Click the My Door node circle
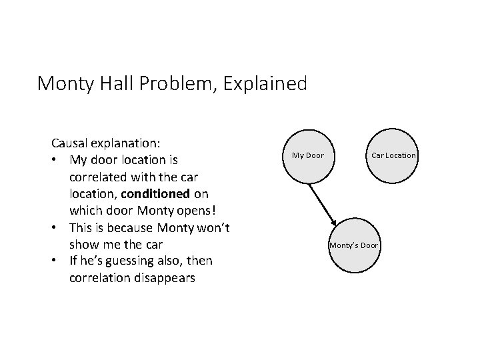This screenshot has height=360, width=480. click(307, 155)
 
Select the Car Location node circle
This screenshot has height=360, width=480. click(393, 155)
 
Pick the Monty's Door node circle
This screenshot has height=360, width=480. click(353, 245)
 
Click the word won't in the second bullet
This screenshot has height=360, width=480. click(213, 228)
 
